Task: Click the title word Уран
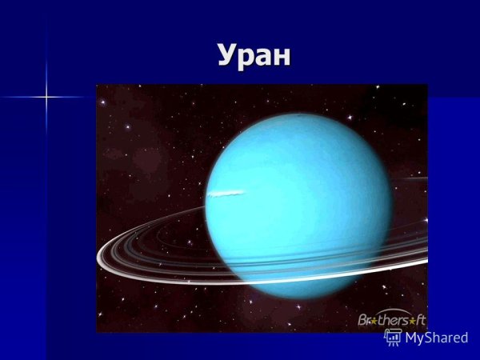[x=255, y=55]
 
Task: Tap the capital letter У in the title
[x=228, y=56]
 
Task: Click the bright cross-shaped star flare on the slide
[x=46, y=98]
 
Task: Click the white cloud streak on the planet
[x=225, y=193]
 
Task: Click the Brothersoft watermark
[x=391, y=319]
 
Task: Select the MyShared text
[x=436, y=338]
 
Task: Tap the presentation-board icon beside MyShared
[x=393, y=337]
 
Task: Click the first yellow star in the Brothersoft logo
[x=374, y=321]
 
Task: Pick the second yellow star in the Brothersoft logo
[x=414, y=321]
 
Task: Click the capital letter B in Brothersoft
[x=363, y=319]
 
